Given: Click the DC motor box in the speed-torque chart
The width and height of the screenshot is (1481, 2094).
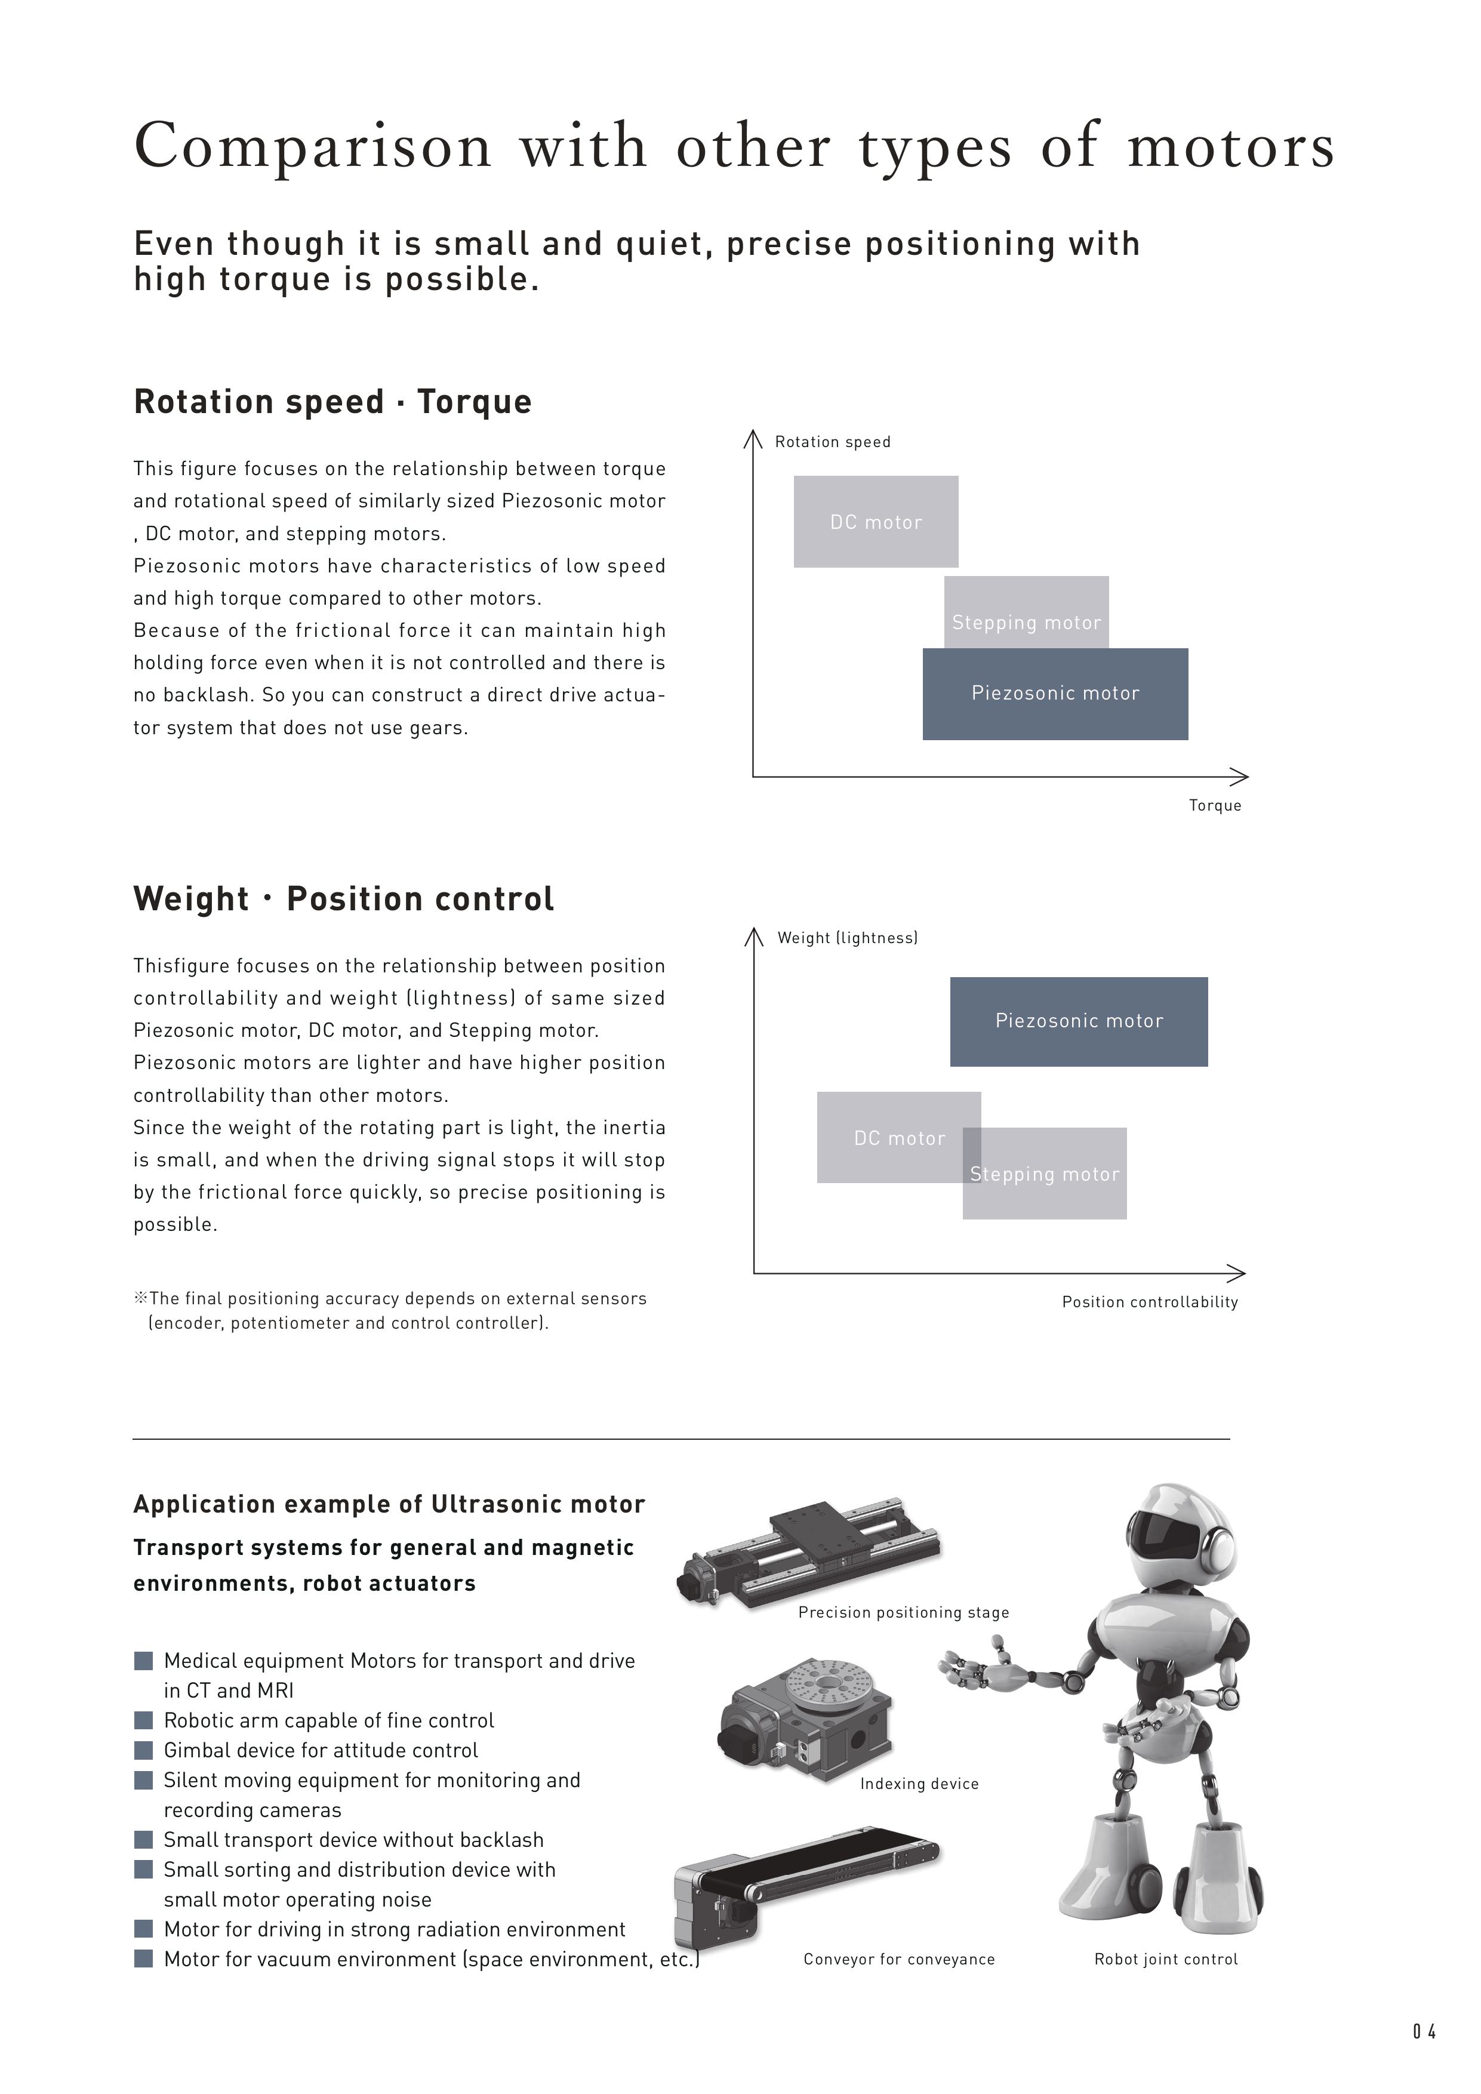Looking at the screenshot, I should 876,522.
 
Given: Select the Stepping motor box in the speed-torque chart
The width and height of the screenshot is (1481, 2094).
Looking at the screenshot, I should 1026,612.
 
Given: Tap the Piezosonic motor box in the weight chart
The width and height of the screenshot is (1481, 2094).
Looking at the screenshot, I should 1079,1021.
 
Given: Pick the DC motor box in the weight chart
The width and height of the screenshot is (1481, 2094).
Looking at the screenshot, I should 889,1137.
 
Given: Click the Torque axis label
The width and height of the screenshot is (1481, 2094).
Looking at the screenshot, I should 1215,805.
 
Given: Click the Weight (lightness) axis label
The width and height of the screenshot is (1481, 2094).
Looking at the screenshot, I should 847,938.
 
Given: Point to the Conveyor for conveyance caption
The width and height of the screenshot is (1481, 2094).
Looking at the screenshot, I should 899,1959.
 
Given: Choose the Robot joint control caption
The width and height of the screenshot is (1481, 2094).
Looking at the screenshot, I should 1165,1959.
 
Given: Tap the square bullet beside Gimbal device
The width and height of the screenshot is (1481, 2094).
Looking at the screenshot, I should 143,1750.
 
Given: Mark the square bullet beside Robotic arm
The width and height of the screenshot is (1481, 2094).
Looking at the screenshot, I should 143,1720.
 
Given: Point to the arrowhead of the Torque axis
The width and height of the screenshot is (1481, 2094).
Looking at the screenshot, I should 1242,777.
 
